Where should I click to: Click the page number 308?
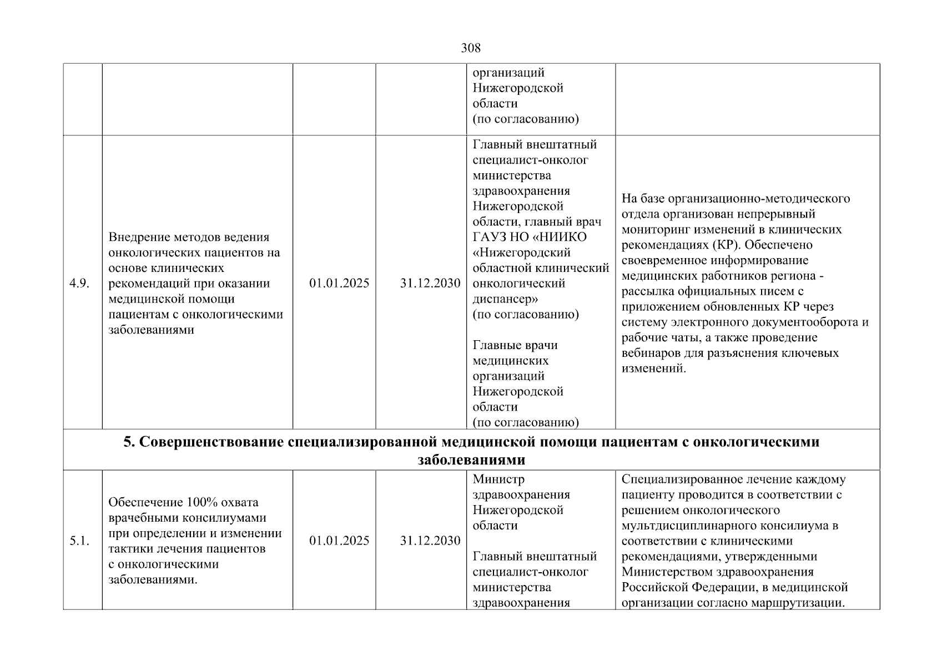point(471,48)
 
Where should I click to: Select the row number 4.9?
point(79,284)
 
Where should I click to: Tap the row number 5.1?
point(79,541)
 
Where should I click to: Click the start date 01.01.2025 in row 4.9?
point(339,284)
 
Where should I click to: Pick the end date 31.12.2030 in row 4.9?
point(430,284)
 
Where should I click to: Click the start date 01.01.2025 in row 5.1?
point(339,541)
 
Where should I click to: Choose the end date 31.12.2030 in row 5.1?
point(430,541)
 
